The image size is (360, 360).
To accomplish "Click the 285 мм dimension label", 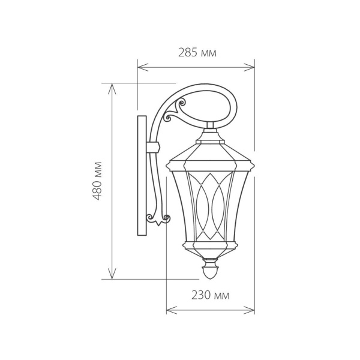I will point(197,53).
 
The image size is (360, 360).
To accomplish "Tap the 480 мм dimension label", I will point(99,181).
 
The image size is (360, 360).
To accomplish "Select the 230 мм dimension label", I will point(210,295).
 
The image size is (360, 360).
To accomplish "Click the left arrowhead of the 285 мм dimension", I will point(140,67).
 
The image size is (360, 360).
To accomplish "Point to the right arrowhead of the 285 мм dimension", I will point(252,67).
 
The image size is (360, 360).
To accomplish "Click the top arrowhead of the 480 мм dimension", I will point(112,86).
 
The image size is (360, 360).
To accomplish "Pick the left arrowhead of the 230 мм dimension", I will point(169,310).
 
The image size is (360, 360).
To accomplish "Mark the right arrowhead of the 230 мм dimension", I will point(252,310).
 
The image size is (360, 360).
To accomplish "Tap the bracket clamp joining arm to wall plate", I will point(154,146).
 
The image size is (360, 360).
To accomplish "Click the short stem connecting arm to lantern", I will point(210,128).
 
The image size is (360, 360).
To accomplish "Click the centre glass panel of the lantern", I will point(210,204).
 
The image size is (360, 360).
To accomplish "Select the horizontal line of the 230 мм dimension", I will point(210,310).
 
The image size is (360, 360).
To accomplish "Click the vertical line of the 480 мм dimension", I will point(112,228).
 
